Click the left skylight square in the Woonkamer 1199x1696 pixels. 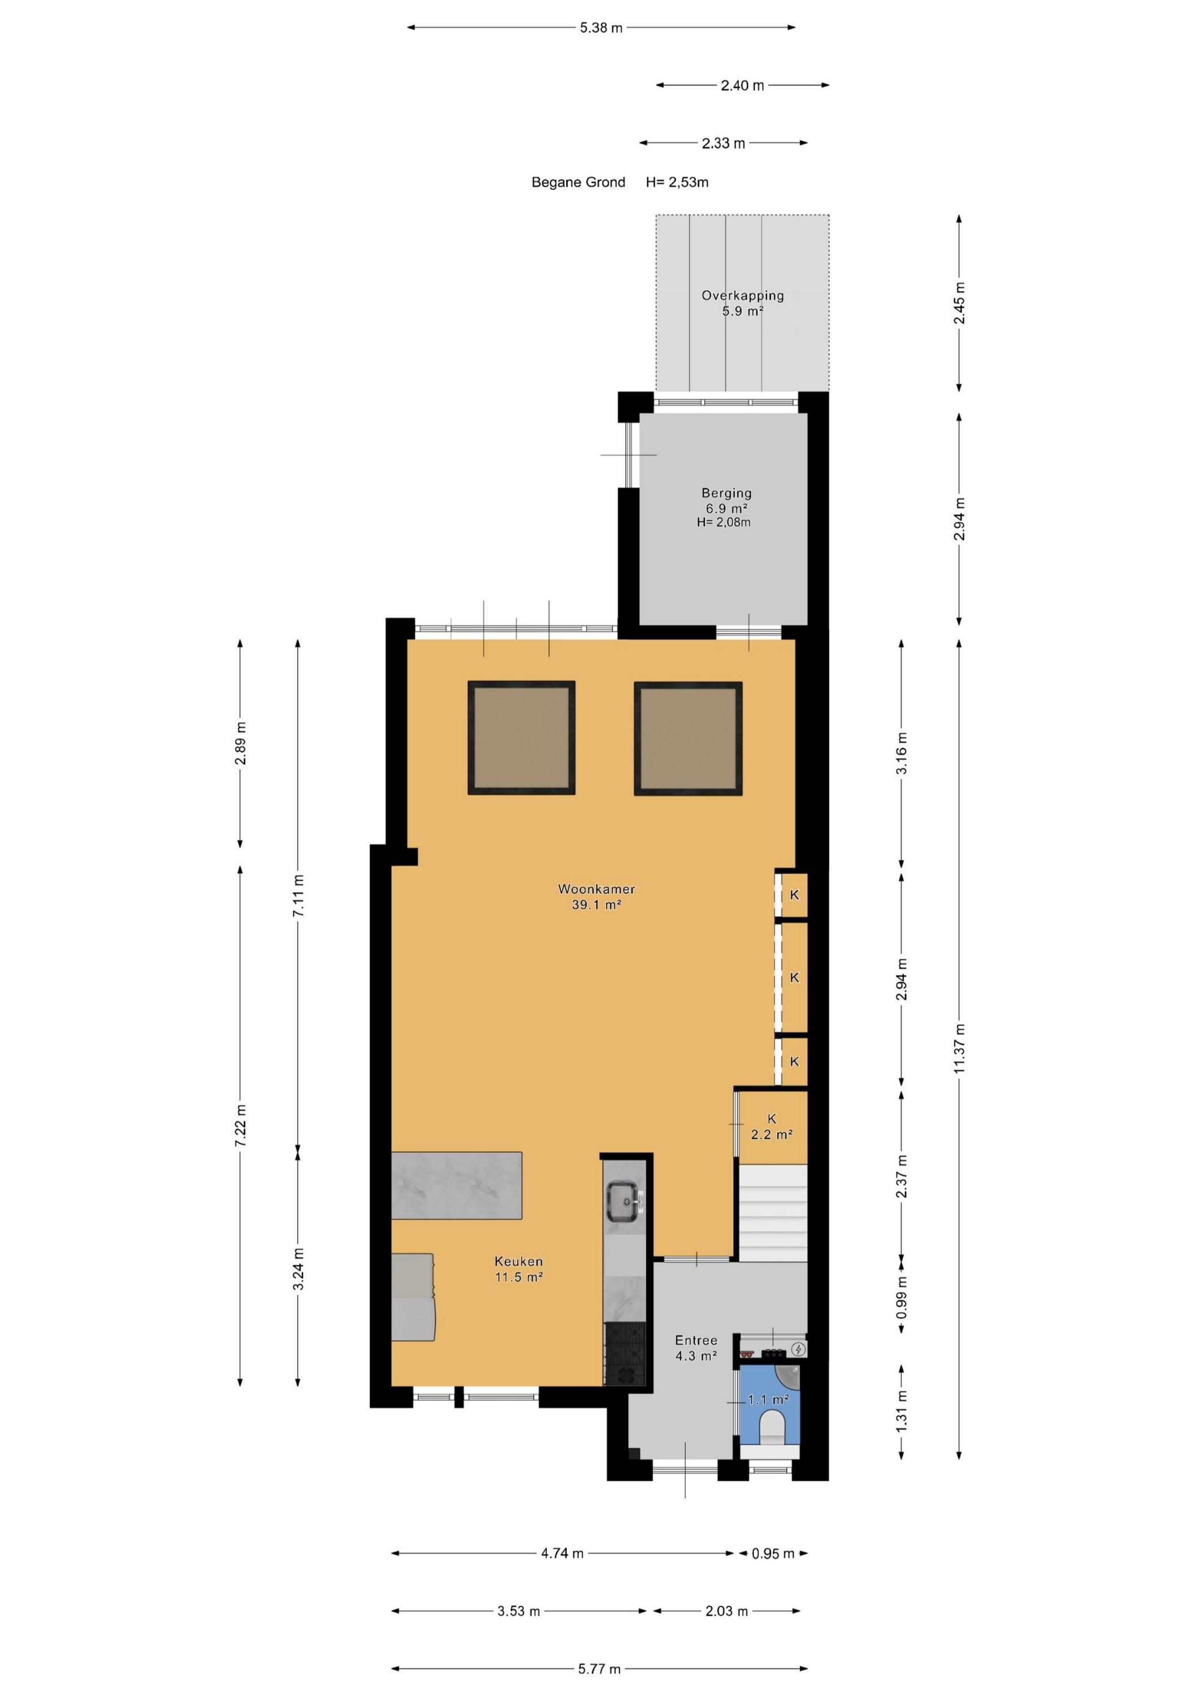click(x=522, y=738)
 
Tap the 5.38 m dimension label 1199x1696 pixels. click(x=601, y=28)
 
